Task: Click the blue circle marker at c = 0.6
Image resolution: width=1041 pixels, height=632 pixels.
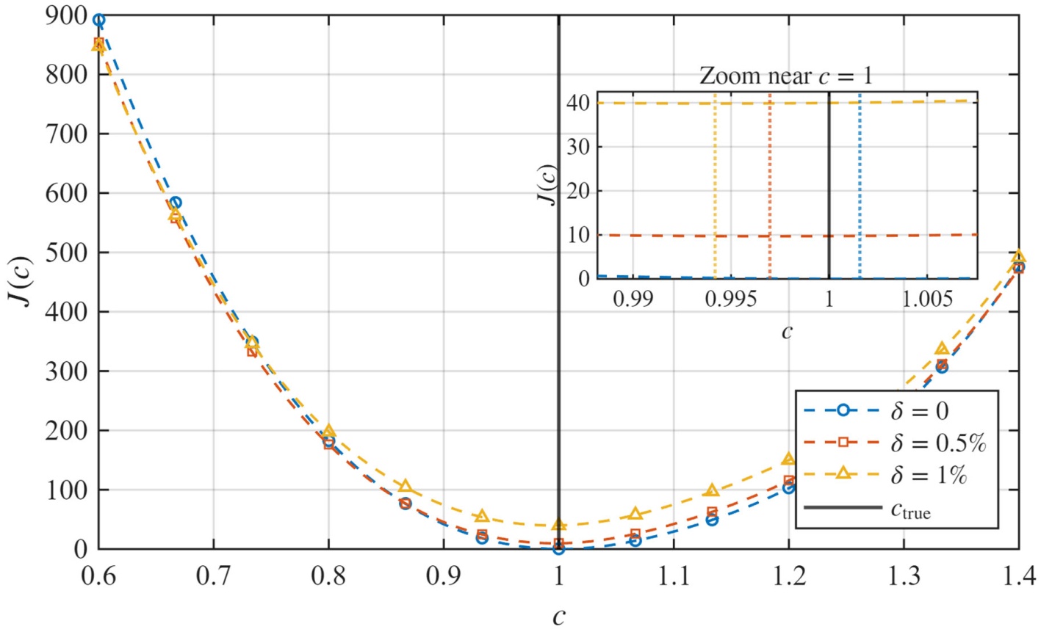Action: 98,20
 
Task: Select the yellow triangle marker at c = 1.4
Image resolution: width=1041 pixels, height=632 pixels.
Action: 1018,256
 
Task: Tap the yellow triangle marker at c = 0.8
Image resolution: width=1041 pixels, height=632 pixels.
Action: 328,431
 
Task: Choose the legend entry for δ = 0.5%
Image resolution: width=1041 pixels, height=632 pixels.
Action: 895,443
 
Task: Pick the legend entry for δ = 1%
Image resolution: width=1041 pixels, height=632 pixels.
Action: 885,475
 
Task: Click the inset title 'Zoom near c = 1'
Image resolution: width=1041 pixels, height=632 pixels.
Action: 786,76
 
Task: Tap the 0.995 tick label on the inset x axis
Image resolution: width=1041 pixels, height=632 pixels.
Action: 730,299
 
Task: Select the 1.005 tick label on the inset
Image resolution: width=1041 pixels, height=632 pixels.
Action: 927,299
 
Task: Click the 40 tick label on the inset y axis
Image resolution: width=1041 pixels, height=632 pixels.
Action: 578,103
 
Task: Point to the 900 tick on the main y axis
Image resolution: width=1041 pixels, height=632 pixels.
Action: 66,16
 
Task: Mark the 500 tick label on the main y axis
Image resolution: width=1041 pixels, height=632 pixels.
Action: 66,253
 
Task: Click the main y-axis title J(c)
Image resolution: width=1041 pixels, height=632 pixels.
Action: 20,281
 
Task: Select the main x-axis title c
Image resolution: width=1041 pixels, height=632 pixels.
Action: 559,617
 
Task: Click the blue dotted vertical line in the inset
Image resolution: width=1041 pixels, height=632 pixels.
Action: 860,185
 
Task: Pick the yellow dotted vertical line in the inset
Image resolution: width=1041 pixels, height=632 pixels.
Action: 715,185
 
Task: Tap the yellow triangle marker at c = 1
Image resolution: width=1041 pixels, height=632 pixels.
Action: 559,525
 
